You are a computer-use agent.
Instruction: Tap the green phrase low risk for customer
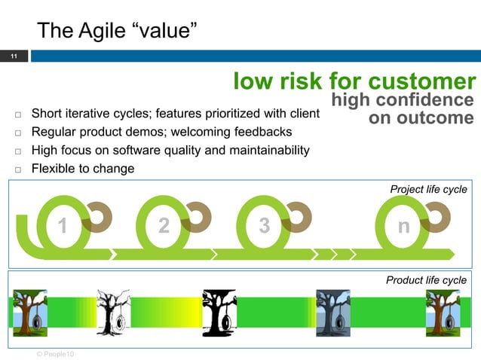pos(354,81)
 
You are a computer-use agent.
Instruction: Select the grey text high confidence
pos(403,100)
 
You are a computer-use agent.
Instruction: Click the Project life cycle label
pos(427,189)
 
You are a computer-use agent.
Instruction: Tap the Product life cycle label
pos(426,280)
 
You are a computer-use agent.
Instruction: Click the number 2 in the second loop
pos(164,226)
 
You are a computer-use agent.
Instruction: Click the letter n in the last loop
pos(404,226)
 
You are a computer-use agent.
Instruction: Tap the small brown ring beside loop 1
pos(97,216)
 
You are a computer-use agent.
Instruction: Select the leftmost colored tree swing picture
pos(30,312)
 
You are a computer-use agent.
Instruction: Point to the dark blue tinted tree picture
pos(332,312)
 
